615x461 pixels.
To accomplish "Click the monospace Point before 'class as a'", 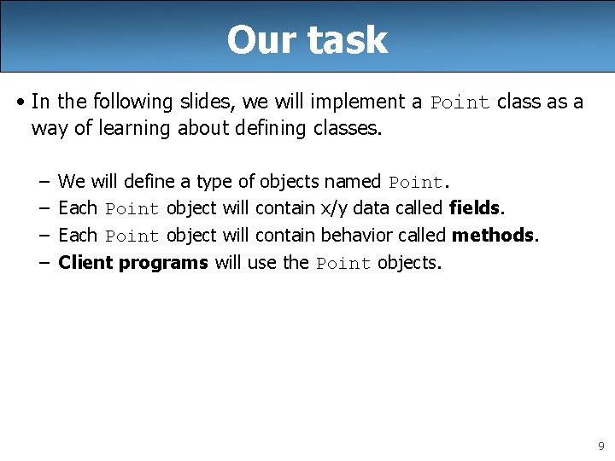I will point(460,102).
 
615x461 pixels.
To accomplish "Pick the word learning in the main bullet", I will point(131,128).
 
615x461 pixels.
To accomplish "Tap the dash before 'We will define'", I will point(43,182).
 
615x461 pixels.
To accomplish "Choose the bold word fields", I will point(476,207).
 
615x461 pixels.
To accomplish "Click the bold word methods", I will point(494,235).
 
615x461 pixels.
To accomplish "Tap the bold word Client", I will point(85,262).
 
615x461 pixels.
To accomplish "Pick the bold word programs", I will point(163,262).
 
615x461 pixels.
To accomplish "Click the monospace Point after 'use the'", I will point(343,263).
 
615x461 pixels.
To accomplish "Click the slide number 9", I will point(600,446).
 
